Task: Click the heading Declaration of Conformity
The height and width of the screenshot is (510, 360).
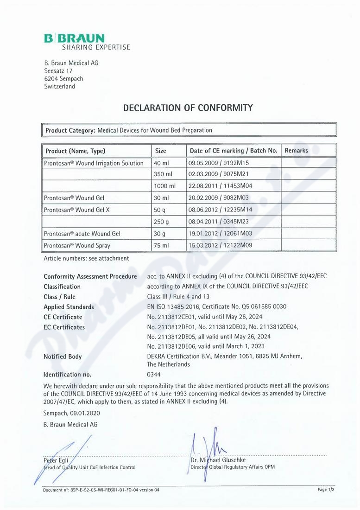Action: point(188,108)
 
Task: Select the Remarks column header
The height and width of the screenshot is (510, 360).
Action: point(296,151)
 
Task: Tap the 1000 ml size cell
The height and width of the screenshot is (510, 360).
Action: point(165,186)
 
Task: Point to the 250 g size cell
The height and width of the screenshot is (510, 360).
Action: point(161,222)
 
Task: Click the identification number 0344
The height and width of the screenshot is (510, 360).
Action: point(153,374)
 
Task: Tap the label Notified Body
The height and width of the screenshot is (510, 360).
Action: point(63,357)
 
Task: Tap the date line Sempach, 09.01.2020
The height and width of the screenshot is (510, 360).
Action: point(72,413)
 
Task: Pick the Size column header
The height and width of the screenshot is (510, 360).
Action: point(160,151)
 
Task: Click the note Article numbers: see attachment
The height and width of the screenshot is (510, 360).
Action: point(86,258)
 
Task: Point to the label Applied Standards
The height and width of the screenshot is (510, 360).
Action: point(69,307)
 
